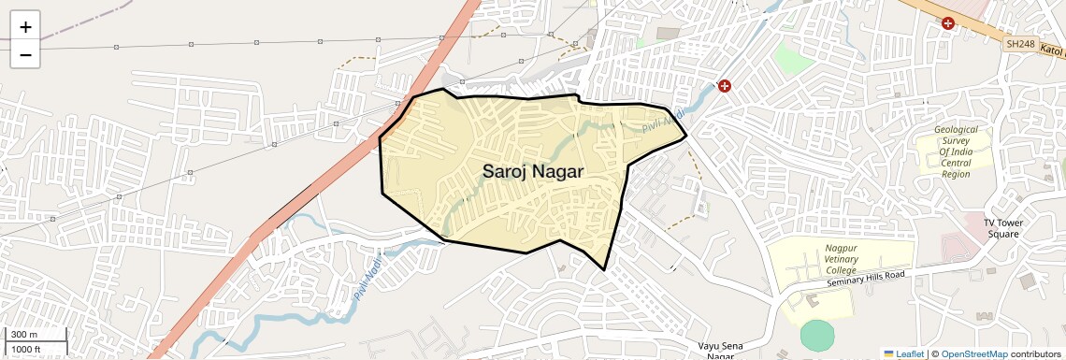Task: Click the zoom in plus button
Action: pyautogui.click(x=25, y=27)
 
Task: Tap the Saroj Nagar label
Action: pyautogui.click(x=532, y=172)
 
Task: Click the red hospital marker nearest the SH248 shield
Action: pyautogui.click(x=948, y=22)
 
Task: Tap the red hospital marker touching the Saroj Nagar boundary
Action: pyautogui.click(x=724, y=86)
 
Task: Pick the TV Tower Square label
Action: pyautogui.click(x=1003, y=228)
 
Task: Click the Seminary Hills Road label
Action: pyautogui.click(x=867, y=280)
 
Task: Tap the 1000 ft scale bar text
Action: pyautogui.click(x=26, y=349)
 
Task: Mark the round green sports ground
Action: pyautogui.click(x=816, y=336)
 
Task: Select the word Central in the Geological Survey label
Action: pyautogui.click(x=956, y=163)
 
